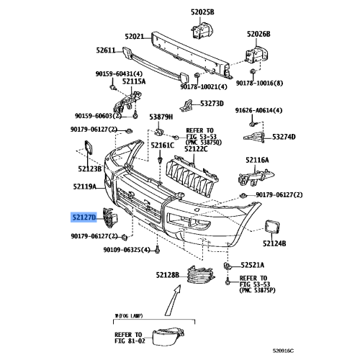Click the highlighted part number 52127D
click(84, 216)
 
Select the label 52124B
click(274, 244)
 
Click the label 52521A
click(253, 264)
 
